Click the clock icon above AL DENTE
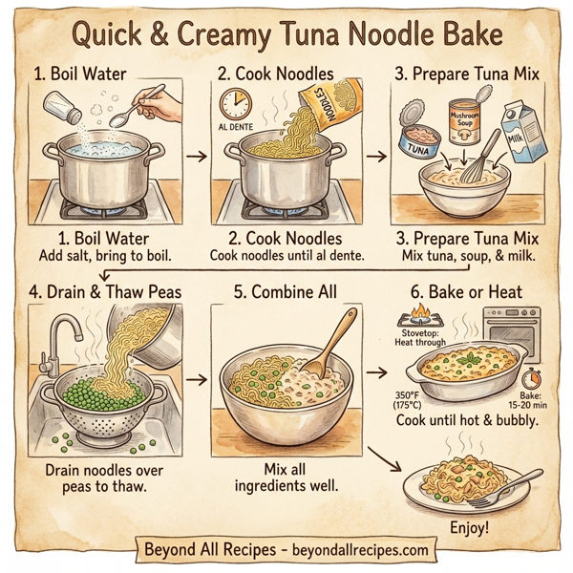tap(235, 103)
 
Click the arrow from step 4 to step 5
tap(198, 380)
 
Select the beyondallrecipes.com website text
tap(348, 551)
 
